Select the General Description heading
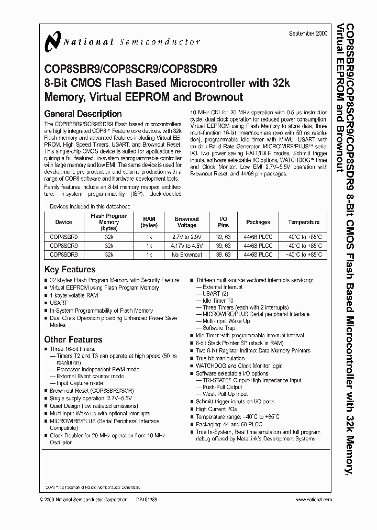[83, 114]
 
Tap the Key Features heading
[70, 269]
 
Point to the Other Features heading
[73, 339]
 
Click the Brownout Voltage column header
[187, 222]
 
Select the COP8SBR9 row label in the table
[63, 237]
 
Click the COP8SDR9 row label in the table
[63, 255]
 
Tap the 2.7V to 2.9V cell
[187, 237]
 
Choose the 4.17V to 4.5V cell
[187, 246]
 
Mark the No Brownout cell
[187, 255]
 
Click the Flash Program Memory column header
[109, 222]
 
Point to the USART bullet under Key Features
[59, 303]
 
